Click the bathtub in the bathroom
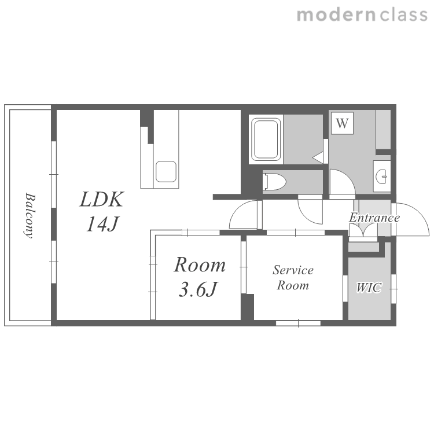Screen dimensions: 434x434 point(266,139)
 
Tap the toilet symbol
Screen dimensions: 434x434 point(274,182)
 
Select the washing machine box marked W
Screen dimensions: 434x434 point(342,123)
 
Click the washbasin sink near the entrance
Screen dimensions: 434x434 point(382,176)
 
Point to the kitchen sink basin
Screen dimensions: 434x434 point(166,172)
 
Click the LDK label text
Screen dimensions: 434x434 point(102,199)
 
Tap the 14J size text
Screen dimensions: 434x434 point(102,224)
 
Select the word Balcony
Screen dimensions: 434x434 point(30,216)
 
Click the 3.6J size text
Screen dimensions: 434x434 point(198,289)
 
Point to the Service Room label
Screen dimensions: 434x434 point(293,277)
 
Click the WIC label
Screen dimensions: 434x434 point(369,288)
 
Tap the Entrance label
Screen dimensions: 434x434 point(374,218)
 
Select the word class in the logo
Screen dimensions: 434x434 point(403,15)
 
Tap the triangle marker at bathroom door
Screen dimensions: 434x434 point(318,158)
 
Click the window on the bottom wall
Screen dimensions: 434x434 point(298,323)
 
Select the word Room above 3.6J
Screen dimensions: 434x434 point(200,265)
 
